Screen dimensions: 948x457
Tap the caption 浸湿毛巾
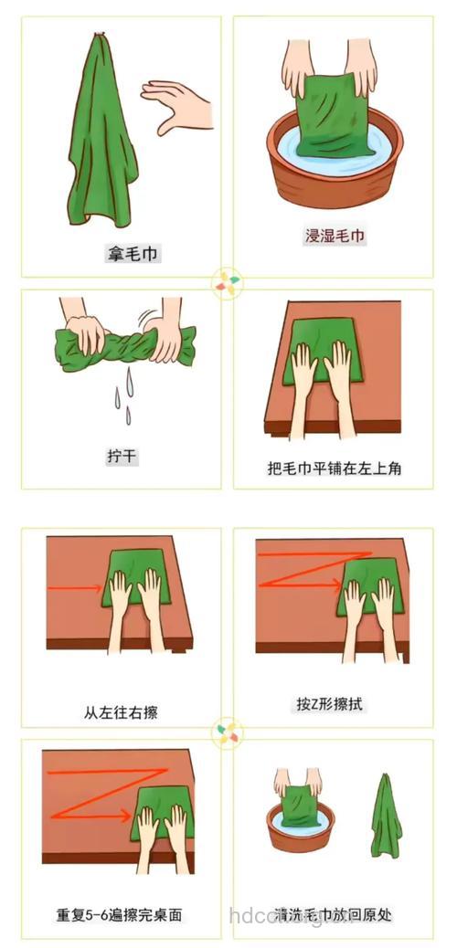click(x=335, y=236)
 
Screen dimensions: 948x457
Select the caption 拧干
click(x=121, y=455)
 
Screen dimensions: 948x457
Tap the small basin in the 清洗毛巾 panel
click(x=297, y=827)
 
